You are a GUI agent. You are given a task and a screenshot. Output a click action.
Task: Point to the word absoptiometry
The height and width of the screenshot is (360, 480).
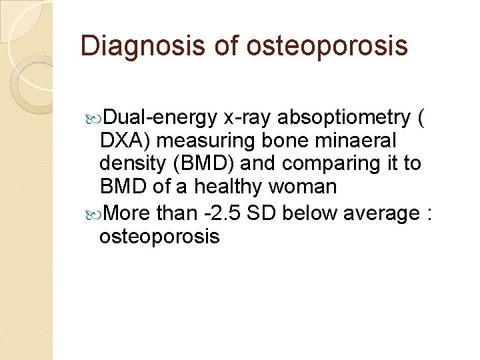(x=343, y=118)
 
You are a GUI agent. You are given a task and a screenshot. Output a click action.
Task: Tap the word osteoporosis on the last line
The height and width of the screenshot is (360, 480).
(x=159, y=236)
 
